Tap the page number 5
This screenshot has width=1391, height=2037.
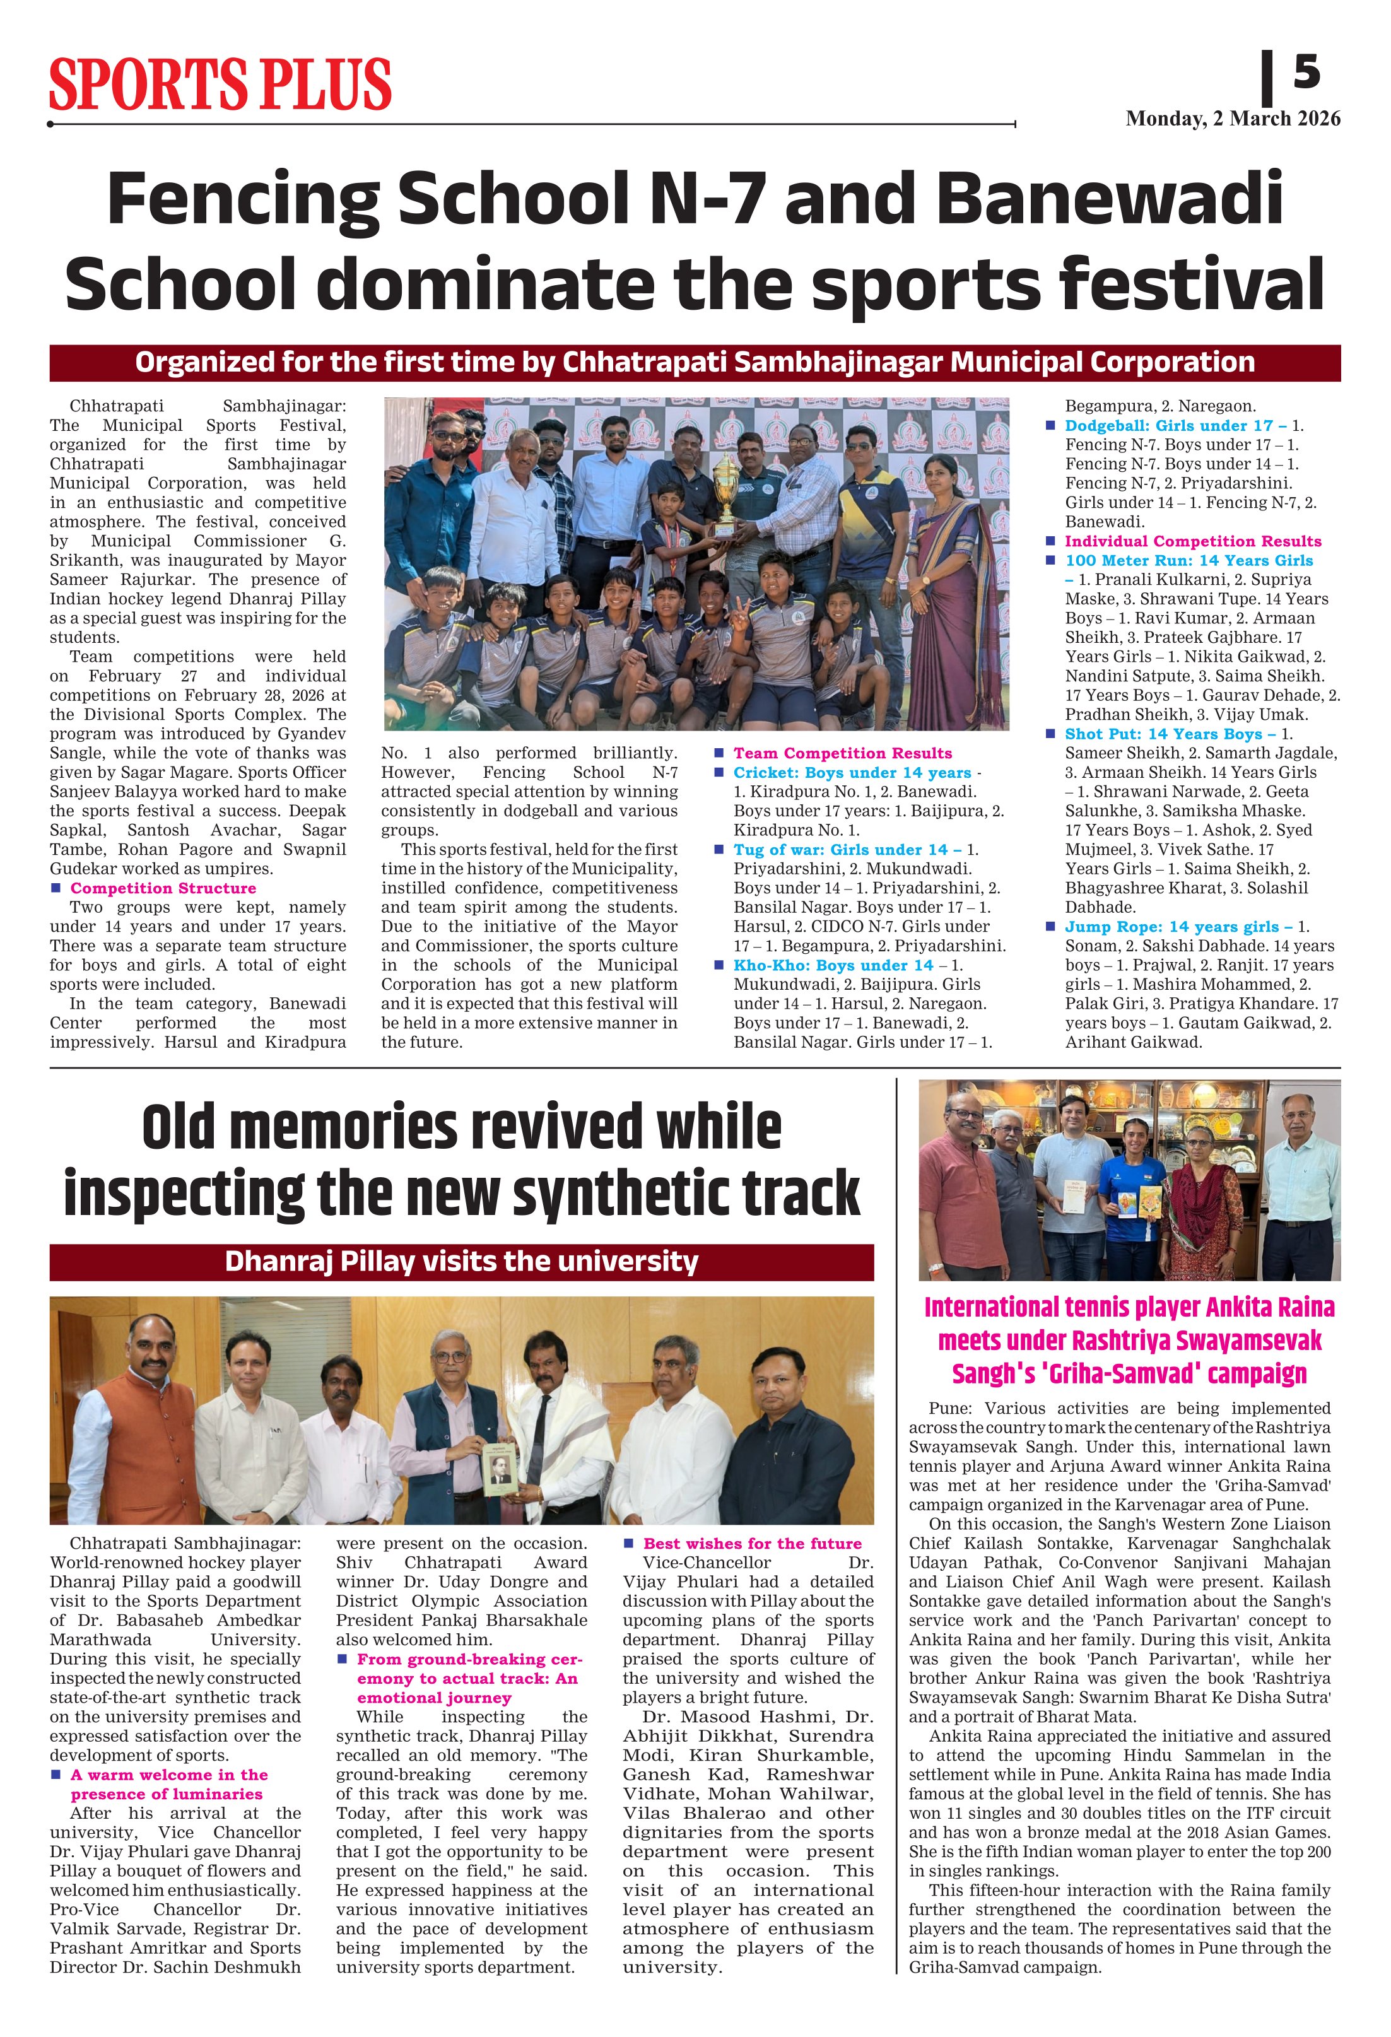(1306, 72)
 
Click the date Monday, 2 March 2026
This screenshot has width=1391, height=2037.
(1233, 119)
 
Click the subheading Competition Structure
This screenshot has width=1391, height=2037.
(163, 888)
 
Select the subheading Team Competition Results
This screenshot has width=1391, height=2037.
(842, 753)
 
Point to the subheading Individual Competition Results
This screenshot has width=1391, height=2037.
(1192, 541)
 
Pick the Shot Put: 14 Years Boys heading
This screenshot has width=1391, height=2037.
(1169, 734)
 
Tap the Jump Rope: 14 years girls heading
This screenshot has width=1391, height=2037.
(1178, 927)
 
